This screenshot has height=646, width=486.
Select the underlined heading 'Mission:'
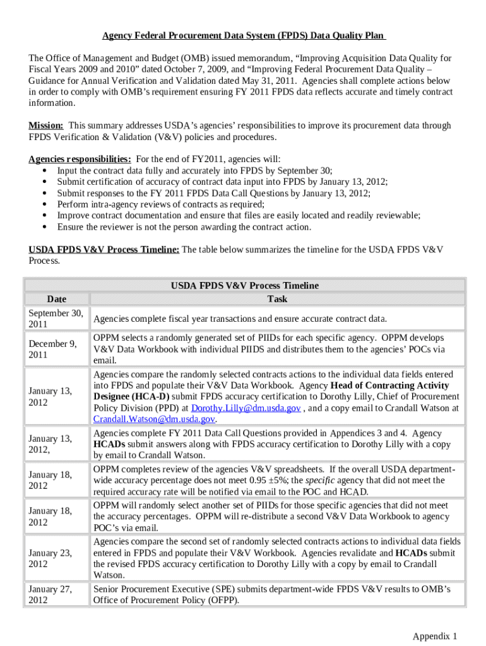tap(45, 126)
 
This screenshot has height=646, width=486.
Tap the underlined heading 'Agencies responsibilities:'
tap(80, 159)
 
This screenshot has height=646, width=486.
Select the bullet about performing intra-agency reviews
tap(160, 204)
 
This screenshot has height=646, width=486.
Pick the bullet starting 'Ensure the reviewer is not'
tap(184, 227)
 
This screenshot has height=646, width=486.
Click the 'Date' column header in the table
tap(56, 299)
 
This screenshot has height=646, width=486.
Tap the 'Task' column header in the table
tap(277, 299)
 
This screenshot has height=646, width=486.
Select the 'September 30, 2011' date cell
tap(56, 319)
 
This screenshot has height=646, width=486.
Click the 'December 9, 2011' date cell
tap(52, 349)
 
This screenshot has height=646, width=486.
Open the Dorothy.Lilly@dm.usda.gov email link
tap(246, 408)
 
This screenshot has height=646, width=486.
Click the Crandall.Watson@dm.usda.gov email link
tap(154, 420)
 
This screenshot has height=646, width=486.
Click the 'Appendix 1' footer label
tap(434, 635)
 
